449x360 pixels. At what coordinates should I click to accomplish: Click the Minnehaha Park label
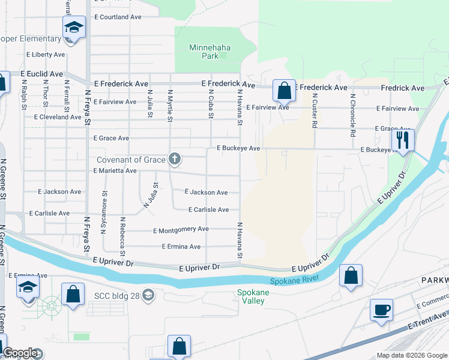coord(209,52)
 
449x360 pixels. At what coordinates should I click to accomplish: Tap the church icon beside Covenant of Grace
coord(174,159)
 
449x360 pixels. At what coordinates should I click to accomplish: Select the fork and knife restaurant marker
coord(402,140)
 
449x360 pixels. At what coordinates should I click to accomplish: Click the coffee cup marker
coord(381,310)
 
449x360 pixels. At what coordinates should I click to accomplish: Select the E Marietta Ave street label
coord(115,171)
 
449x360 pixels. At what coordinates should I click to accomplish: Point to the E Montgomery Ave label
coord(181,229)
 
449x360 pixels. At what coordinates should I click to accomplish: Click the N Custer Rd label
coord(314,111)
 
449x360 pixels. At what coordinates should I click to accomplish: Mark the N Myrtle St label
coord(170,105)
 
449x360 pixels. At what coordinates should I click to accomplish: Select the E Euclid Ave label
coord(41,73)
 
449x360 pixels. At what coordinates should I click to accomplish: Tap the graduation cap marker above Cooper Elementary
coord(74,28)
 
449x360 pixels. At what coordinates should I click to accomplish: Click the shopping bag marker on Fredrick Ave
coord(285,91)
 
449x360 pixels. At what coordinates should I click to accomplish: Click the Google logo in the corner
coord(20,353)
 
